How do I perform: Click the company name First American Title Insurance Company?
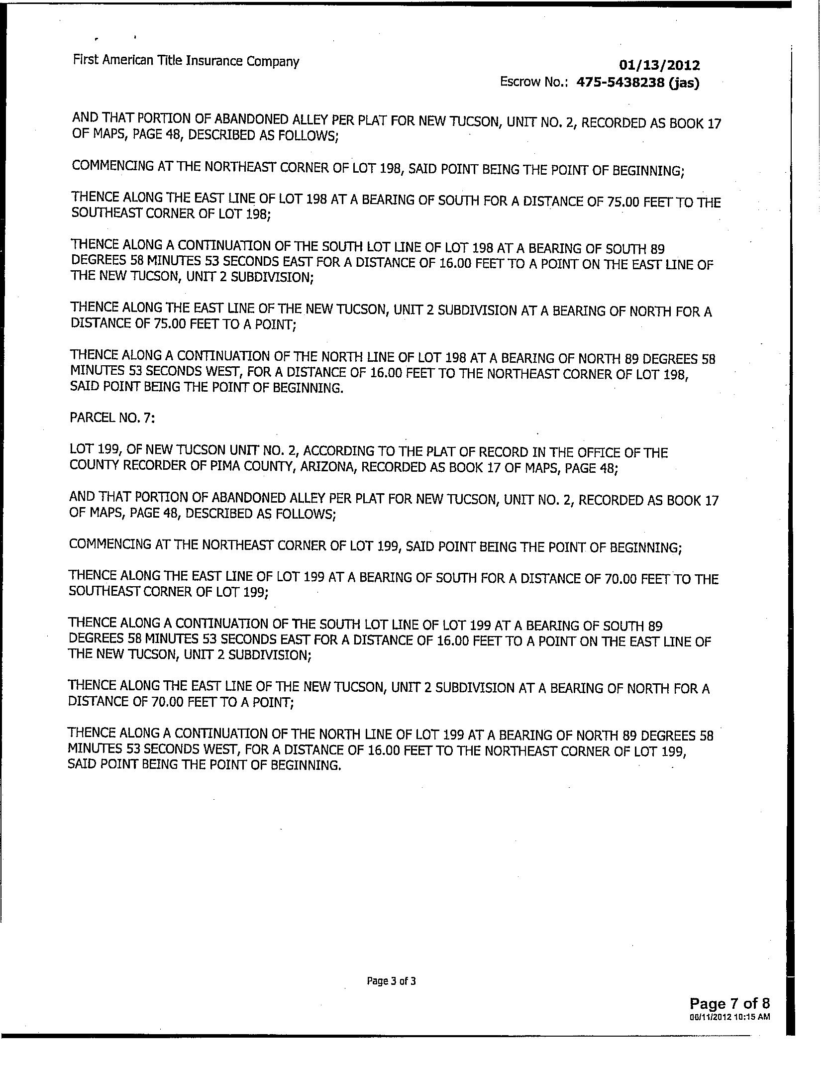point(186,61)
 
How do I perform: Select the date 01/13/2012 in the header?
point(659,65)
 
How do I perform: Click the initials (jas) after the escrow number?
point(684,83)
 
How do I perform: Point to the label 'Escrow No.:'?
point(535,82)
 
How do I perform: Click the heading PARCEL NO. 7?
point(112,418)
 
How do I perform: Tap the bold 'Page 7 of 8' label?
point(729,1002)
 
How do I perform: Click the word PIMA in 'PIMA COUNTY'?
point(226,467)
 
